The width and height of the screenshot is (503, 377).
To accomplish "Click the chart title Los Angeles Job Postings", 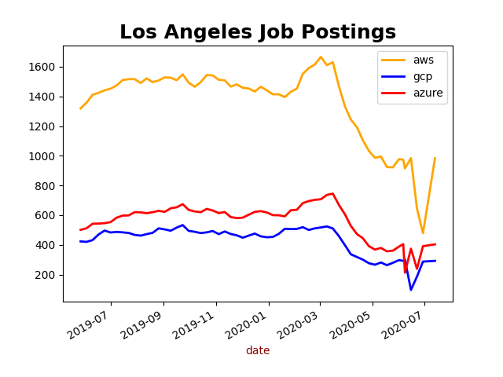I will (258, 32).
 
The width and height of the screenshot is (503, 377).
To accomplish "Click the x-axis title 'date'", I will (258, 351).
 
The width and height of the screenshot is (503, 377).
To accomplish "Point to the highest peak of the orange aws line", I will (321, 57).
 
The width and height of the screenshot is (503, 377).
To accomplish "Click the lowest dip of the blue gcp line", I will (410, 290).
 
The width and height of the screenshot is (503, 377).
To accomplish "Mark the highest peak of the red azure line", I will (332, 193).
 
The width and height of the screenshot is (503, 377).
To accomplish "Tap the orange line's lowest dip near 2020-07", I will (423, 233).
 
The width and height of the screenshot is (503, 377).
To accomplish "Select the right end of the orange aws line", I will (435, 158).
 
